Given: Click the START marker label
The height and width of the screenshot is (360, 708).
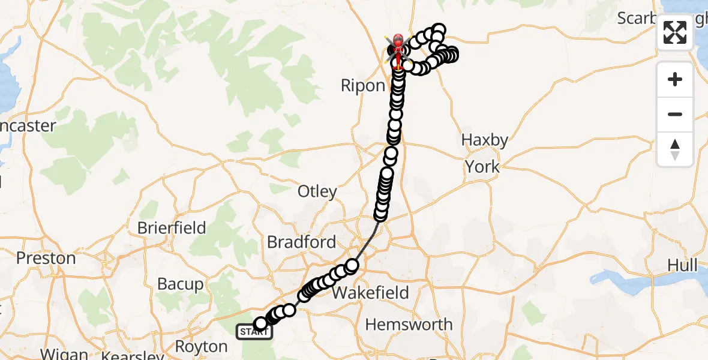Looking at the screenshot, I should pyautogui.click(x=254, y=332).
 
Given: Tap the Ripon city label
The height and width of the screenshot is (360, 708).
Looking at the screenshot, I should pyautogui.click(x=362, y=85).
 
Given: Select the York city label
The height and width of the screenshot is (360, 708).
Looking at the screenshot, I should pyautogui.click(x=482, y=166).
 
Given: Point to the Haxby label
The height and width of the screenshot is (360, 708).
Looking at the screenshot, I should pyautogui.click(x=484, y=140).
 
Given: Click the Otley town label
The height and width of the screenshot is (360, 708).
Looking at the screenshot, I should pyautogui.click(x=317, y=191).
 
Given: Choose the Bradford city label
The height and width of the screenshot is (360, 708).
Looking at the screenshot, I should pyautogui.click(x=301, y=242).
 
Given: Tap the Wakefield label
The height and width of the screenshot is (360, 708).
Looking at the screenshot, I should pyautogui.click(x=370, y=293).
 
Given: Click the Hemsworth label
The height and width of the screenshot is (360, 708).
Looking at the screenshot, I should pyautogui.click(x=409, y=325).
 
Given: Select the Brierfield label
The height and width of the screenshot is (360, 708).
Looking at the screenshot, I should pyautogui.click(x=172, y=228).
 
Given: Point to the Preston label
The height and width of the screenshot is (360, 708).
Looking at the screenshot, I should pyautogui.click(x=46, y=258).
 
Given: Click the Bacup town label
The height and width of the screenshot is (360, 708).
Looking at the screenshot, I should pyautogui.click(x=180, y=284).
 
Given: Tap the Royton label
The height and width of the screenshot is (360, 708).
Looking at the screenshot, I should pyautogui.click(x=201, y=347).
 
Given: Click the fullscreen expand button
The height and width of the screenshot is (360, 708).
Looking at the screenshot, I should pyautogui.click(x=675, y=32).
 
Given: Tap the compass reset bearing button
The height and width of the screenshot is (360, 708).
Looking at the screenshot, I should pyautogui.click(x=675, y=149).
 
